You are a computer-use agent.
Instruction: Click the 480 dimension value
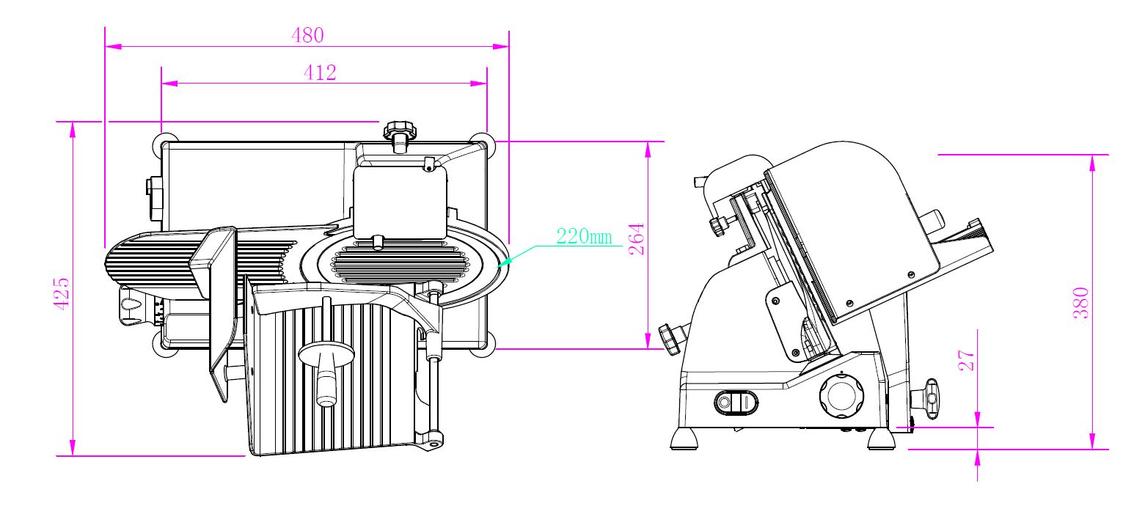pyautogui.click(x=307, y=35)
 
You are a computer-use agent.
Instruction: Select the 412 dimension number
pyautogui.click(x=320, y=73)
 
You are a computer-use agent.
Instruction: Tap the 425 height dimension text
pyautogui.click(x=62, y=293)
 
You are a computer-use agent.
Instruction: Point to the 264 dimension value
pyautogui.click(x=636, y=239)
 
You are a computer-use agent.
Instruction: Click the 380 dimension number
pyautogui.click(x=1081, y=303)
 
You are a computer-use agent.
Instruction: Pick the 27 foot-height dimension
pyautogui.click(x=967, y=360)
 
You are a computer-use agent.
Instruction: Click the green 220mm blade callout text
pyautogui.click(x=584, y=236)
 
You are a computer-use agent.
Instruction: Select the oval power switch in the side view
pyautogui.click(x=736, y=403)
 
